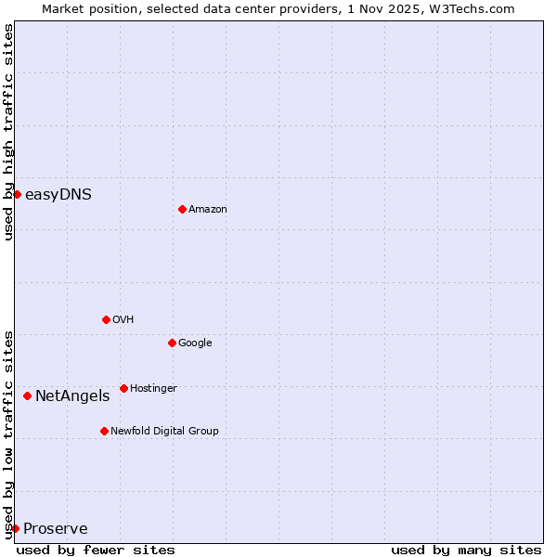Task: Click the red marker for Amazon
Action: (x=182, y=209)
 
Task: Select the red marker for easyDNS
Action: (x=17, y=194)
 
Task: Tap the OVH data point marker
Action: (x=106, y=319)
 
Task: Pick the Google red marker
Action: (x=172, y=343)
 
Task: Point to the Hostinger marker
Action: (x=123, y=388)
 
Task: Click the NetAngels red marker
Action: (x=27, y=396)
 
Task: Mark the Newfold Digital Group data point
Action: (x=104, y=431)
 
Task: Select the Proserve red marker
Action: (x=15, y=528)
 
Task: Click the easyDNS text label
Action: (x=58, y=194)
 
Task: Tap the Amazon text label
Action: (x=208, y=210)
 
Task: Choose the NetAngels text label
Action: (x=72, y=396)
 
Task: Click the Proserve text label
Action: (x=56, y=529)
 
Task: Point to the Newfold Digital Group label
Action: (x=164, y=431)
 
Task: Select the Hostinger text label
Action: (x=153, y=388)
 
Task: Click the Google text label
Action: (x=195, y=343)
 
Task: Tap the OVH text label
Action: (x=123, y=319)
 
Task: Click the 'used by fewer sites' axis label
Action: (x=96, y=550)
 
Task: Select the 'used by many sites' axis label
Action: (x=466, y=550)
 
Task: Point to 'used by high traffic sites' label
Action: (x=8, y=132)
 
